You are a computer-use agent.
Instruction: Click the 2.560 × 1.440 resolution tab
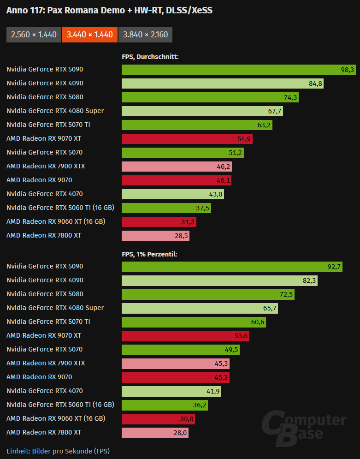[x=34, y=35]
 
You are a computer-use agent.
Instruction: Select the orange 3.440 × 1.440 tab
[x=89, y=35]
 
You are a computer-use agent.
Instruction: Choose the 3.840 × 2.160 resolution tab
[x=145, y=35]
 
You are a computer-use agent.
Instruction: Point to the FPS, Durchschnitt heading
[x=150, y=57]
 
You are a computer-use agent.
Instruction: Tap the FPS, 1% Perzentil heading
[x=149, y=254]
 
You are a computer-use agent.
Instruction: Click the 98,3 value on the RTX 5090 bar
[x=347, y=70]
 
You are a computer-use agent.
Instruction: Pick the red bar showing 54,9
[x=187, y=139]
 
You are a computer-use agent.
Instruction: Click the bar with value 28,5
[x=155, y=236]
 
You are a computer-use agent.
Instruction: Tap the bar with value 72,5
[x=208, y=294]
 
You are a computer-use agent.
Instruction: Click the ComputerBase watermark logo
[x=304, y=427]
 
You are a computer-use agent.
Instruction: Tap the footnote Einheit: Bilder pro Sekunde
[x=58, y=450]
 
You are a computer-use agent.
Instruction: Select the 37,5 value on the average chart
[x=202, y=208]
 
